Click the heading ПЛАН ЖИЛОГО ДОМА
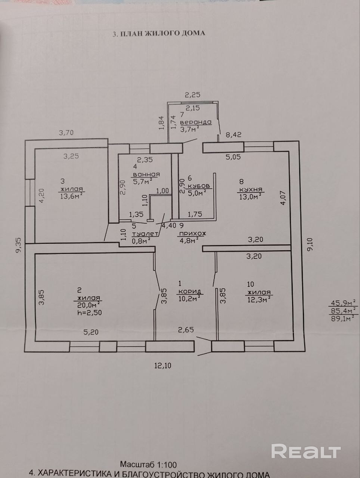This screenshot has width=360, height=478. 159,33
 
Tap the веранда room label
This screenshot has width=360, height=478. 196,122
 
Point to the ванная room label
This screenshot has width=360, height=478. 146,174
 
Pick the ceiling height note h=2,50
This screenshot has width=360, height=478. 89,313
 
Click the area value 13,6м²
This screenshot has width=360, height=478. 71,196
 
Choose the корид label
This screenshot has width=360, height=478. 190,291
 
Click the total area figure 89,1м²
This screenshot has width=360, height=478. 342,319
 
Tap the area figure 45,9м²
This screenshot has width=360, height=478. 342,303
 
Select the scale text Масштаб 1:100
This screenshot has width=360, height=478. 148,465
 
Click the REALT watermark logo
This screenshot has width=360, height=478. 306,451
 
